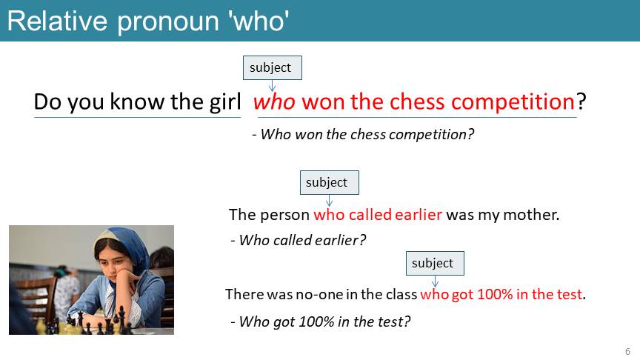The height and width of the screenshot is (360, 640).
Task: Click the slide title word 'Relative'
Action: point(57,21)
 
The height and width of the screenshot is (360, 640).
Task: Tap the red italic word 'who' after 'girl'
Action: point(274,101)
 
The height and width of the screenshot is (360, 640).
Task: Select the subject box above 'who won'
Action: point(273,67)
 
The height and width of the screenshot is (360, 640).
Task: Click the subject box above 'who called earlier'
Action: point(330,182)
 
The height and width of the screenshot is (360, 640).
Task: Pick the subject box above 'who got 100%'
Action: point(435,263)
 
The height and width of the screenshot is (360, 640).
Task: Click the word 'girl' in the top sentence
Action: point(225,102)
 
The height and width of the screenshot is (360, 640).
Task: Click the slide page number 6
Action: point(627,351)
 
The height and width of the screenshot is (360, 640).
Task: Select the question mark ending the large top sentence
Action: point(581,101)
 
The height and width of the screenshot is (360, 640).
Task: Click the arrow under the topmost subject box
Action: point(273,85)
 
